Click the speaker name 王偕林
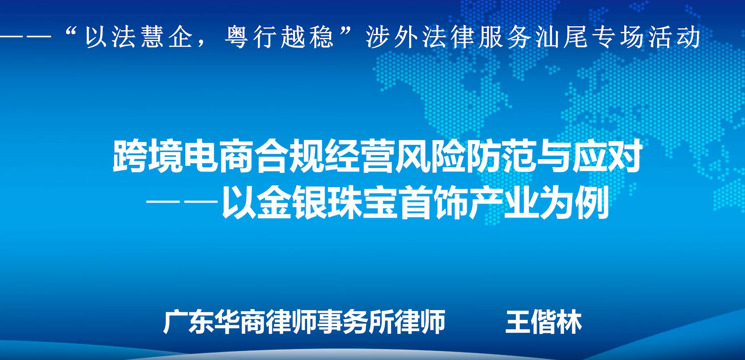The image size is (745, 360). tap(543, 322)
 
